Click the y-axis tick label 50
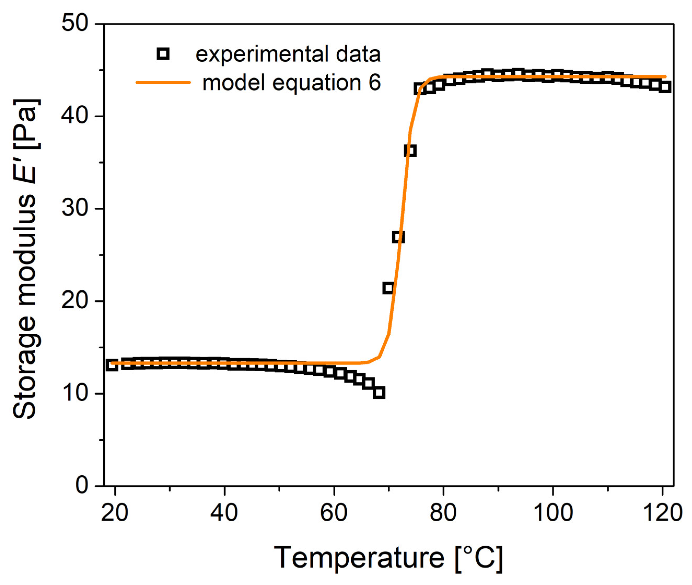pyautogui.click(x=75, y=24)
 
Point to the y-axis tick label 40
pyautogui.click(x=75, y=116)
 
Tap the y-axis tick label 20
pyautogui.click(x=75, y=301)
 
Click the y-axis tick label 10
pyautogui.click(x=75, y=394)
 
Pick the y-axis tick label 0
pyautogui.click(x=82, y=486)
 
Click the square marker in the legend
pyautogui.click(x=163, y=54)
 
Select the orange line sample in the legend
pyautogui.click(x=163, y=82)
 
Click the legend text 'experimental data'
pyautogui.click(x=288, y=54)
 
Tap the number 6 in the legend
pyautogui.click(x=374, y=82)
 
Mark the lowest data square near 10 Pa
pyautogui.click(x=379, y=393)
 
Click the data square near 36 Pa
pyautogui.click(x=410, y=151)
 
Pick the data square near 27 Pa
pyautogui.click(x=398, y=237)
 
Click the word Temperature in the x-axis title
pyautogui.click(x=359, y=558)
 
